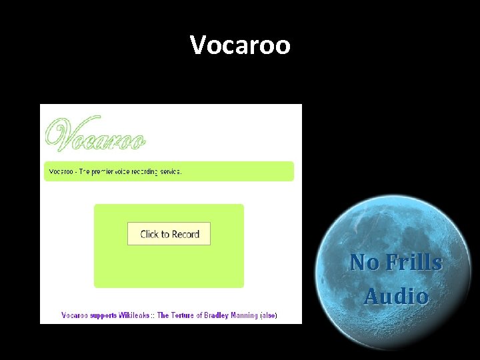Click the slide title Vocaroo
[240, 45]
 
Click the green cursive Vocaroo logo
[95, 135]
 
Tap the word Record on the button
[186, 234]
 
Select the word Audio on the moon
[396, 295]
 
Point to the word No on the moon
[364, 262]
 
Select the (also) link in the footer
[269, 315]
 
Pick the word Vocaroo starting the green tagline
[61, 171]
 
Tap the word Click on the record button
[150, 234]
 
